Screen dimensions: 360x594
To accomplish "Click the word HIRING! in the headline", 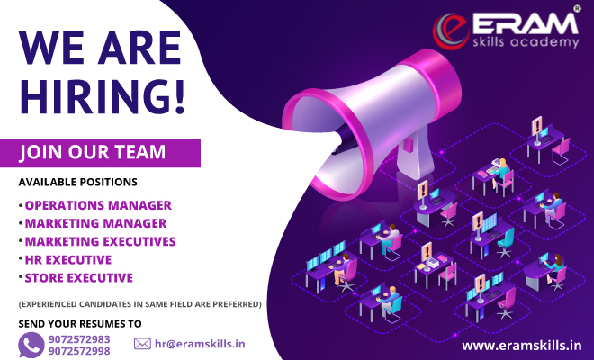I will click(102, 96).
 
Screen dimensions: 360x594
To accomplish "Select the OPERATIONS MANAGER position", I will click(98, 205).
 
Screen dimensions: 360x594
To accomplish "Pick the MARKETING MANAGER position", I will click(95, 223).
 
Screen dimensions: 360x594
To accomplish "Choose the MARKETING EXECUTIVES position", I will click(100, 241).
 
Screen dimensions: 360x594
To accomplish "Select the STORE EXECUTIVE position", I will click(78, 277).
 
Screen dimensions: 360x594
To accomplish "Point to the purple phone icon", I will click(31, 344).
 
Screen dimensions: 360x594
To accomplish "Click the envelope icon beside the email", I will click(142, 343).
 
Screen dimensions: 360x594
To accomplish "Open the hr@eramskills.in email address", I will click(200, 343).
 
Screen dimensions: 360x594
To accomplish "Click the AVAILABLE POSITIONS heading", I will click(78, 183).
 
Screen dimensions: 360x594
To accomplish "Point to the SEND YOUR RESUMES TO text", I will click(80, 322).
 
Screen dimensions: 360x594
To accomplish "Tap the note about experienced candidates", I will click(139, 304).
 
